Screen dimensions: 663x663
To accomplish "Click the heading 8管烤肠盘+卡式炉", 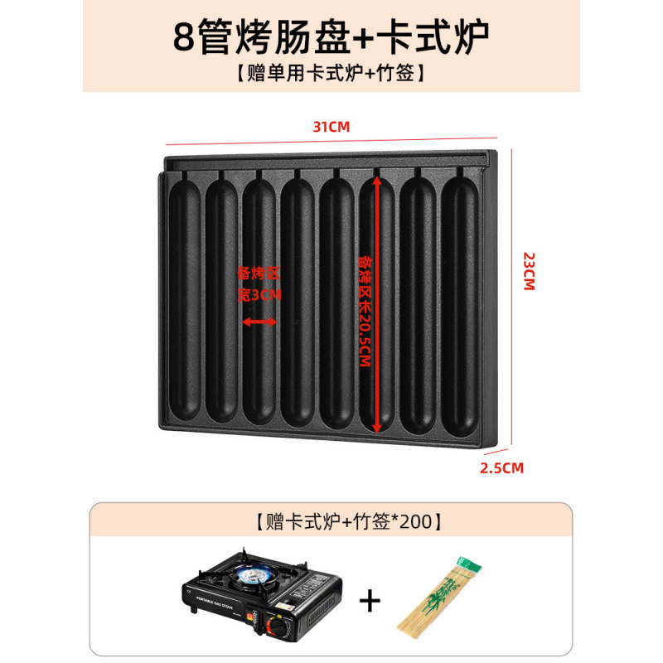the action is point(331,34).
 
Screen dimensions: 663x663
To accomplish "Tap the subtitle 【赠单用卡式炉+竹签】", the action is point(331,74).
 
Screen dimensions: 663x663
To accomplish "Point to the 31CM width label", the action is point(331,127).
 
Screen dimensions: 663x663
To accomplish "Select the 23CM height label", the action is point(527,270).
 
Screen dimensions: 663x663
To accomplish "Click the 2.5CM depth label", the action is point(503,467).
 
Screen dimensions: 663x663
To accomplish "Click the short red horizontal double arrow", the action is point(259,322).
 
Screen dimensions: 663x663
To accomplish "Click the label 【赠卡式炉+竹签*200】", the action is point(331,523).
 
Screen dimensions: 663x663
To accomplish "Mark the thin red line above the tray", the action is point(331,138).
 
